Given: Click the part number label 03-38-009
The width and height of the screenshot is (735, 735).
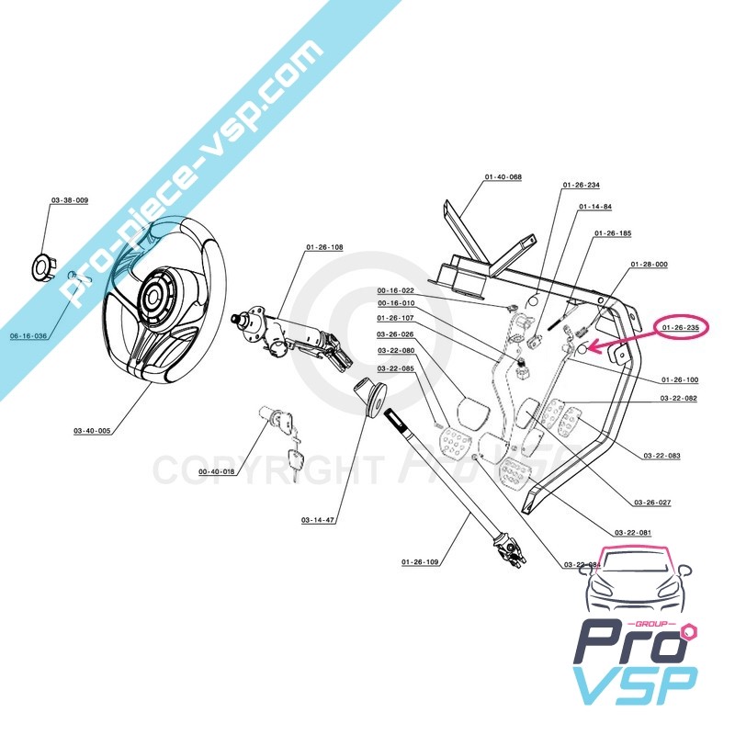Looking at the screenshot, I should (70, 200).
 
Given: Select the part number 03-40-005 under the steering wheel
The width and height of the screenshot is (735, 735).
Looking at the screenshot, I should (92, 430).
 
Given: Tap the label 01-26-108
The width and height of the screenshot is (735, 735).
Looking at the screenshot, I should (324, 248).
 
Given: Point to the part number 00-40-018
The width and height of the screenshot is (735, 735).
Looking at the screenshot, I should (217, 471).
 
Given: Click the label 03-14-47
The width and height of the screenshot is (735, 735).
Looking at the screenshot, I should (317, 520).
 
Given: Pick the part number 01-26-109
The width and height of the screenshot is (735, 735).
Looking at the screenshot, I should (420, 560).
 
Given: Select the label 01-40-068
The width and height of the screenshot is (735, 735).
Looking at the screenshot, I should (503, 176).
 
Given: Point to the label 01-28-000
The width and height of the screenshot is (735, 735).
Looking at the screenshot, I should (649, 265).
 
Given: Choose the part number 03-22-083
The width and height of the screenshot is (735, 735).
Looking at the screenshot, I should (661, 456).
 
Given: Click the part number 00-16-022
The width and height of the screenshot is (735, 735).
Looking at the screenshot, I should (397, 290).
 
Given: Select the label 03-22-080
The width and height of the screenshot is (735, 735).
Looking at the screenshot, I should (396, 351).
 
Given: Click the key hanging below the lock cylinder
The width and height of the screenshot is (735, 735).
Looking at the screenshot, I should (295, 461).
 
